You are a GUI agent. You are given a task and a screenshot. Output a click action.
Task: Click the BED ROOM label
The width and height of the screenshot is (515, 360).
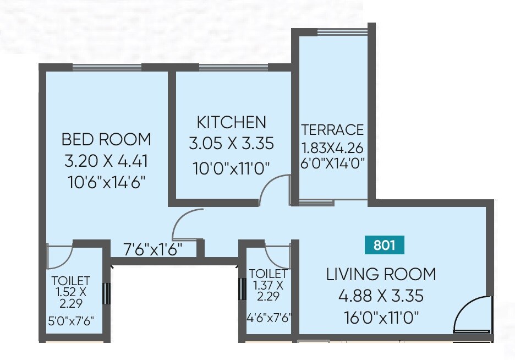[106, 139]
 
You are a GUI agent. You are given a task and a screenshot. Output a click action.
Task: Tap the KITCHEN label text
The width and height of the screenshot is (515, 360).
[231, 122]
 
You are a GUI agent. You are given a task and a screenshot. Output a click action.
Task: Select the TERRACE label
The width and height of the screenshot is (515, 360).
[332, 130]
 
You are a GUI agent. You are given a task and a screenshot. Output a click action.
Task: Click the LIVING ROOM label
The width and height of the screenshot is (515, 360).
[381, 274]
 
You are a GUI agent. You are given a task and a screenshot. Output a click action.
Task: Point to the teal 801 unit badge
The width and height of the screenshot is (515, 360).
[385, 245]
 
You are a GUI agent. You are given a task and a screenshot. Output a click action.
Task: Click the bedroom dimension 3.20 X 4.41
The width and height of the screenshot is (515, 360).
[106, 162]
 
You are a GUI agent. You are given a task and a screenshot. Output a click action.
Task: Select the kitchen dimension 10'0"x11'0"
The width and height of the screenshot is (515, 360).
[231, 168]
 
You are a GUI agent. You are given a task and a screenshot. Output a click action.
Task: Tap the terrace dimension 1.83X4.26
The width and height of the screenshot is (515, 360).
[332, 149]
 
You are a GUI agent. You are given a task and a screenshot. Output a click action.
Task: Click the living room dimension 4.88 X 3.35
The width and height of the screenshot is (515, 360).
[381, 296]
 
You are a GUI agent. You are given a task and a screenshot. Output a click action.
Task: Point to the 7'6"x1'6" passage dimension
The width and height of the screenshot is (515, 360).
[153, 249]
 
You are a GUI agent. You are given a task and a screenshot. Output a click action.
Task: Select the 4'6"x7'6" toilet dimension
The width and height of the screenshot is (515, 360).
[269, 318]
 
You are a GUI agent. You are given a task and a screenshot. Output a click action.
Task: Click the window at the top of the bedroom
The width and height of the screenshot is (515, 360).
[107, 68]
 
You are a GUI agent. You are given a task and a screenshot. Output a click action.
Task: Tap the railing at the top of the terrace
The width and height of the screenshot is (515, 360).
[342, 32]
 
